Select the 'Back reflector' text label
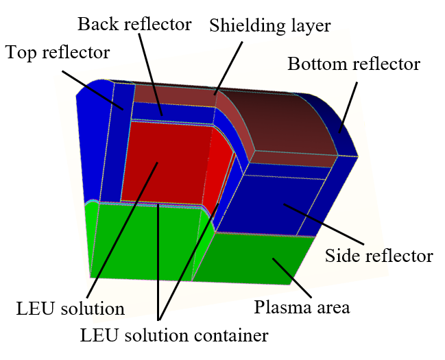(134, 25)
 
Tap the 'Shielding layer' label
(270, 26)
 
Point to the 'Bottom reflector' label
(353, 64)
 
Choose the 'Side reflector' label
(379, 256)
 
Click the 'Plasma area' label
(302, 307)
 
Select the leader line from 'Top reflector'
(96, 89)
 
